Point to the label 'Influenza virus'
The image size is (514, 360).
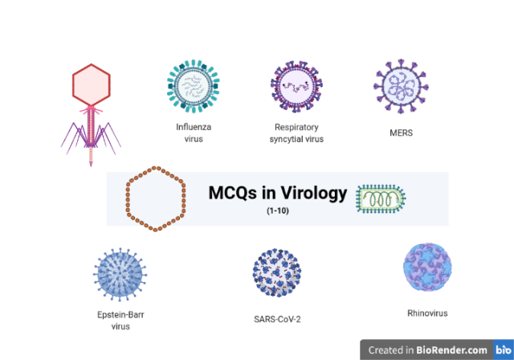(x=194, y=132)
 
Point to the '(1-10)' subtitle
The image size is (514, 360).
(x=278, y=211)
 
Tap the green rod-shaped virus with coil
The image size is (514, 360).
(x=382, y=197)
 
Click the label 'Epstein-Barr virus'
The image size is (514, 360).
(x=120, y=321)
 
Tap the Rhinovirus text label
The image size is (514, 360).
(x=427, y=313)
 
